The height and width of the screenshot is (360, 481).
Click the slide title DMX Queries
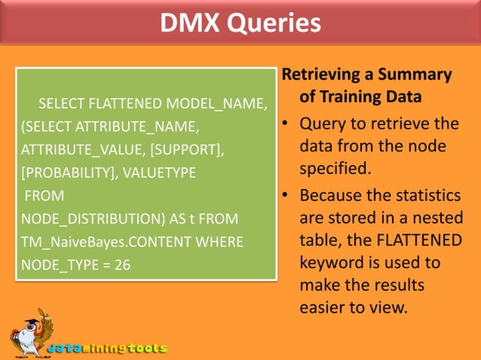click(x=240, y=23)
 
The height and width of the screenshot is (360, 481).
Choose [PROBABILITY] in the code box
click(x=69, y=172)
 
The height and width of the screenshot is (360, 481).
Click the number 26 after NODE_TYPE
click(x=123, y=266)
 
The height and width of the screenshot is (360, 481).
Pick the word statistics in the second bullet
click(x=423, y=196)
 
